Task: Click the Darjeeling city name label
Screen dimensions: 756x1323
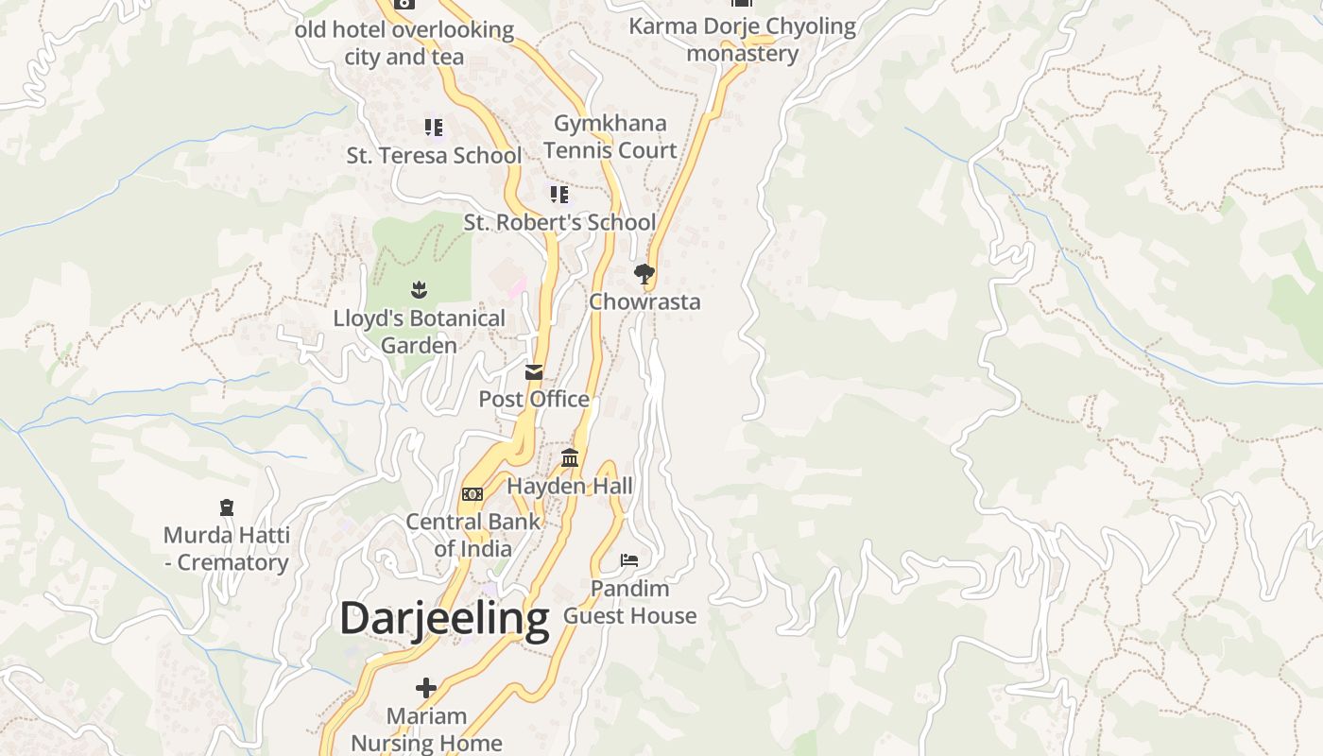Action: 444,620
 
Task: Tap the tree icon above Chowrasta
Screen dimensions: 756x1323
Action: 644,275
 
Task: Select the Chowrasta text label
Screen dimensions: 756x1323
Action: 644,302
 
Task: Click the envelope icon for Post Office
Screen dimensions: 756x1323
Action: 534,372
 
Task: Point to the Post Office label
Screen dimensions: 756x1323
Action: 534,400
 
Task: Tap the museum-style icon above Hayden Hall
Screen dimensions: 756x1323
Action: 570,458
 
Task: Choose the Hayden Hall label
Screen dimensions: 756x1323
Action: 570,487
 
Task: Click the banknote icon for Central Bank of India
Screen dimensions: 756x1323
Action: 472,494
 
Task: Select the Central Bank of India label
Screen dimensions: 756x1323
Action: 472,535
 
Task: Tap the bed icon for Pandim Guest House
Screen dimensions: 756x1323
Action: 629,560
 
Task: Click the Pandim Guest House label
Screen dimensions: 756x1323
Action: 629,602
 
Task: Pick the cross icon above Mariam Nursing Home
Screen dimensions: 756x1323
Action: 426,688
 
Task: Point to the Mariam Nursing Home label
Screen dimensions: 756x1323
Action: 426,730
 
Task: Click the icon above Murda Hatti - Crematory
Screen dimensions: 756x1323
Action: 226,508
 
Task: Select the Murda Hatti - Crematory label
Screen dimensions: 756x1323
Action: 226,549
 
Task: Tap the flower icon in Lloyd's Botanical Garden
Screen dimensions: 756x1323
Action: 420,290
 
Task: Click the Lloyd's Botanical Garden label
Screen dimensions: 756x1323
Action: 420,332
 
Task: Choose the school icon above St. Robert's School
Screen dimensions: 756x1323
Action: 559,195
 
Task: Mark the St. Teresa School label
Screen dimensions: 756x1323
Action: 434,156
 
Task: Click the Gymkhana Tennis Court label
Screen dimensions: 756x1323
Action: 610,137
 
